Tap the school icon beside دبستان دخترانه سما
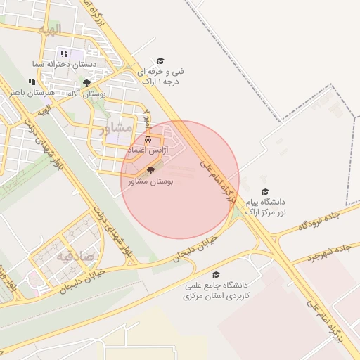(64, 53)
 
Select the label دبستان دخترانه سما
(65, 63)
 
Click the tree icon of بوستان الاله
(86, 82)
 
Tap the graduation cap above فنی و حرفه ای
(160, 61)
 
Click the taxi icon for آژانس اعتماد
(148, 140)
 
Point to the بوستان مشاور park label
(151, 181)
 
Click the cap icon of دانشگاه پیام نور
(265, 191)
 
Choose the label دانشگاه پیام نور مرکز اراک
(266, 207)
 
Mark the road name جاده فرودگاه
(323, 221)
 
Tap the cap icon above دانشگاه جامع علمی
(217, 274)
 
